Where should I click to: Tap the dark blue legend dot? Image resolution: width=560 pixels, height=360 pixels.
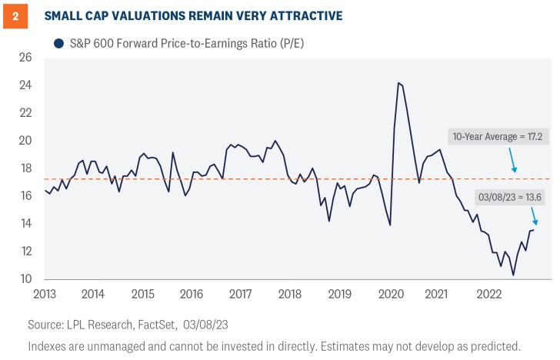click(x=58, y=44)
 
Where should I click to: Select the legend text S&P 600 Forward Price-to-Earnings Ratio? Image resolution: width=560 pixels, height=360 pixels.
click(x=196, y=44)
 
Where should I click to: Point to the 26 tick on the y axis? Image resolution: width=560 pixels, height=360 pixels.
click(x=25, y=57)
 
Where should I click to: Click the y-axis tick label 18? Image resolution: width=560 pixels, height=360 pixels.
click(x=25, y=168)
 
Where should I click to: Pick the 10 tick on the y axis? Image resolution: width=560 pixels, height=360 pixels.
click(x=25, y=278)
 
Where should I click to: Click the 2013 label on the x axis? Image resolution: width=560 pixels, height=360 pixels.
click(x=44, y=294)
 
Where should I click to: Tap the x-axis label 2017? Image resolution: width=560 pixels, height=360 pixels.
click(x=241, y=294)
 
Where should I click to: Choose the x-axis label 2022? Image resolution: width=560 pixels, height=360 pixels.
click(x=489, y=294)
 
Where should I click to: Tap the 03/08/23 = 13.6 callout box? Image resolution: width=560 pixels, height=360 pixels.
click(x=498, y=197)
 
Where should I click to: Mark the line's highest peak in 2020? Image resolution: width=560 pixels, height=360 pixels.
click(x=398, y=83)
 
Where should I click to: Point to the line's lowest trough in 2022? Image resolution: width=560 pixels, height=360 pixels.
click(x=513, y=275)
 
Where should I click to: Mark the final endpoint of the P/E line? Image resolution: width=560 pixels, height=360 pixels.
click(x=534, y=230)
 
